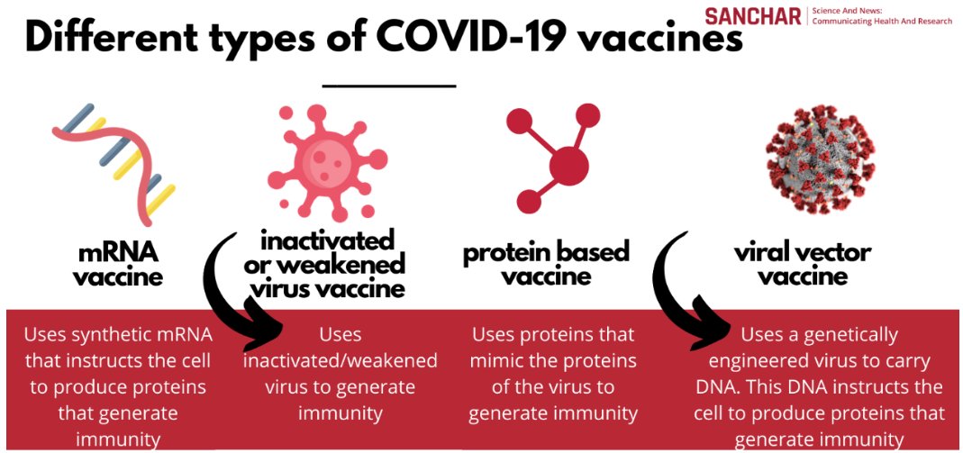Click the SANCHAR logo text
(x=753, y=15)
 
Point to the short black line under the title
(x=389, y=86)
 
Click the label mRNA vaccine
(x=118, y=262)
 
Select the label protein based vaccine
(x=546, y=263)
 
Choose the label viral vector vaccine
(x=802, y=263)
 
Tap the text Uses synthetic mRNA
(x=119, y=335)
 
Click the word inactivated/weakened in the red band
(x=340, y=361)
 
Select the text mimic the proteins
(x=553, y=361)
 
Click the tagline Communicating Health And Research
(x=882, y=20)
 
